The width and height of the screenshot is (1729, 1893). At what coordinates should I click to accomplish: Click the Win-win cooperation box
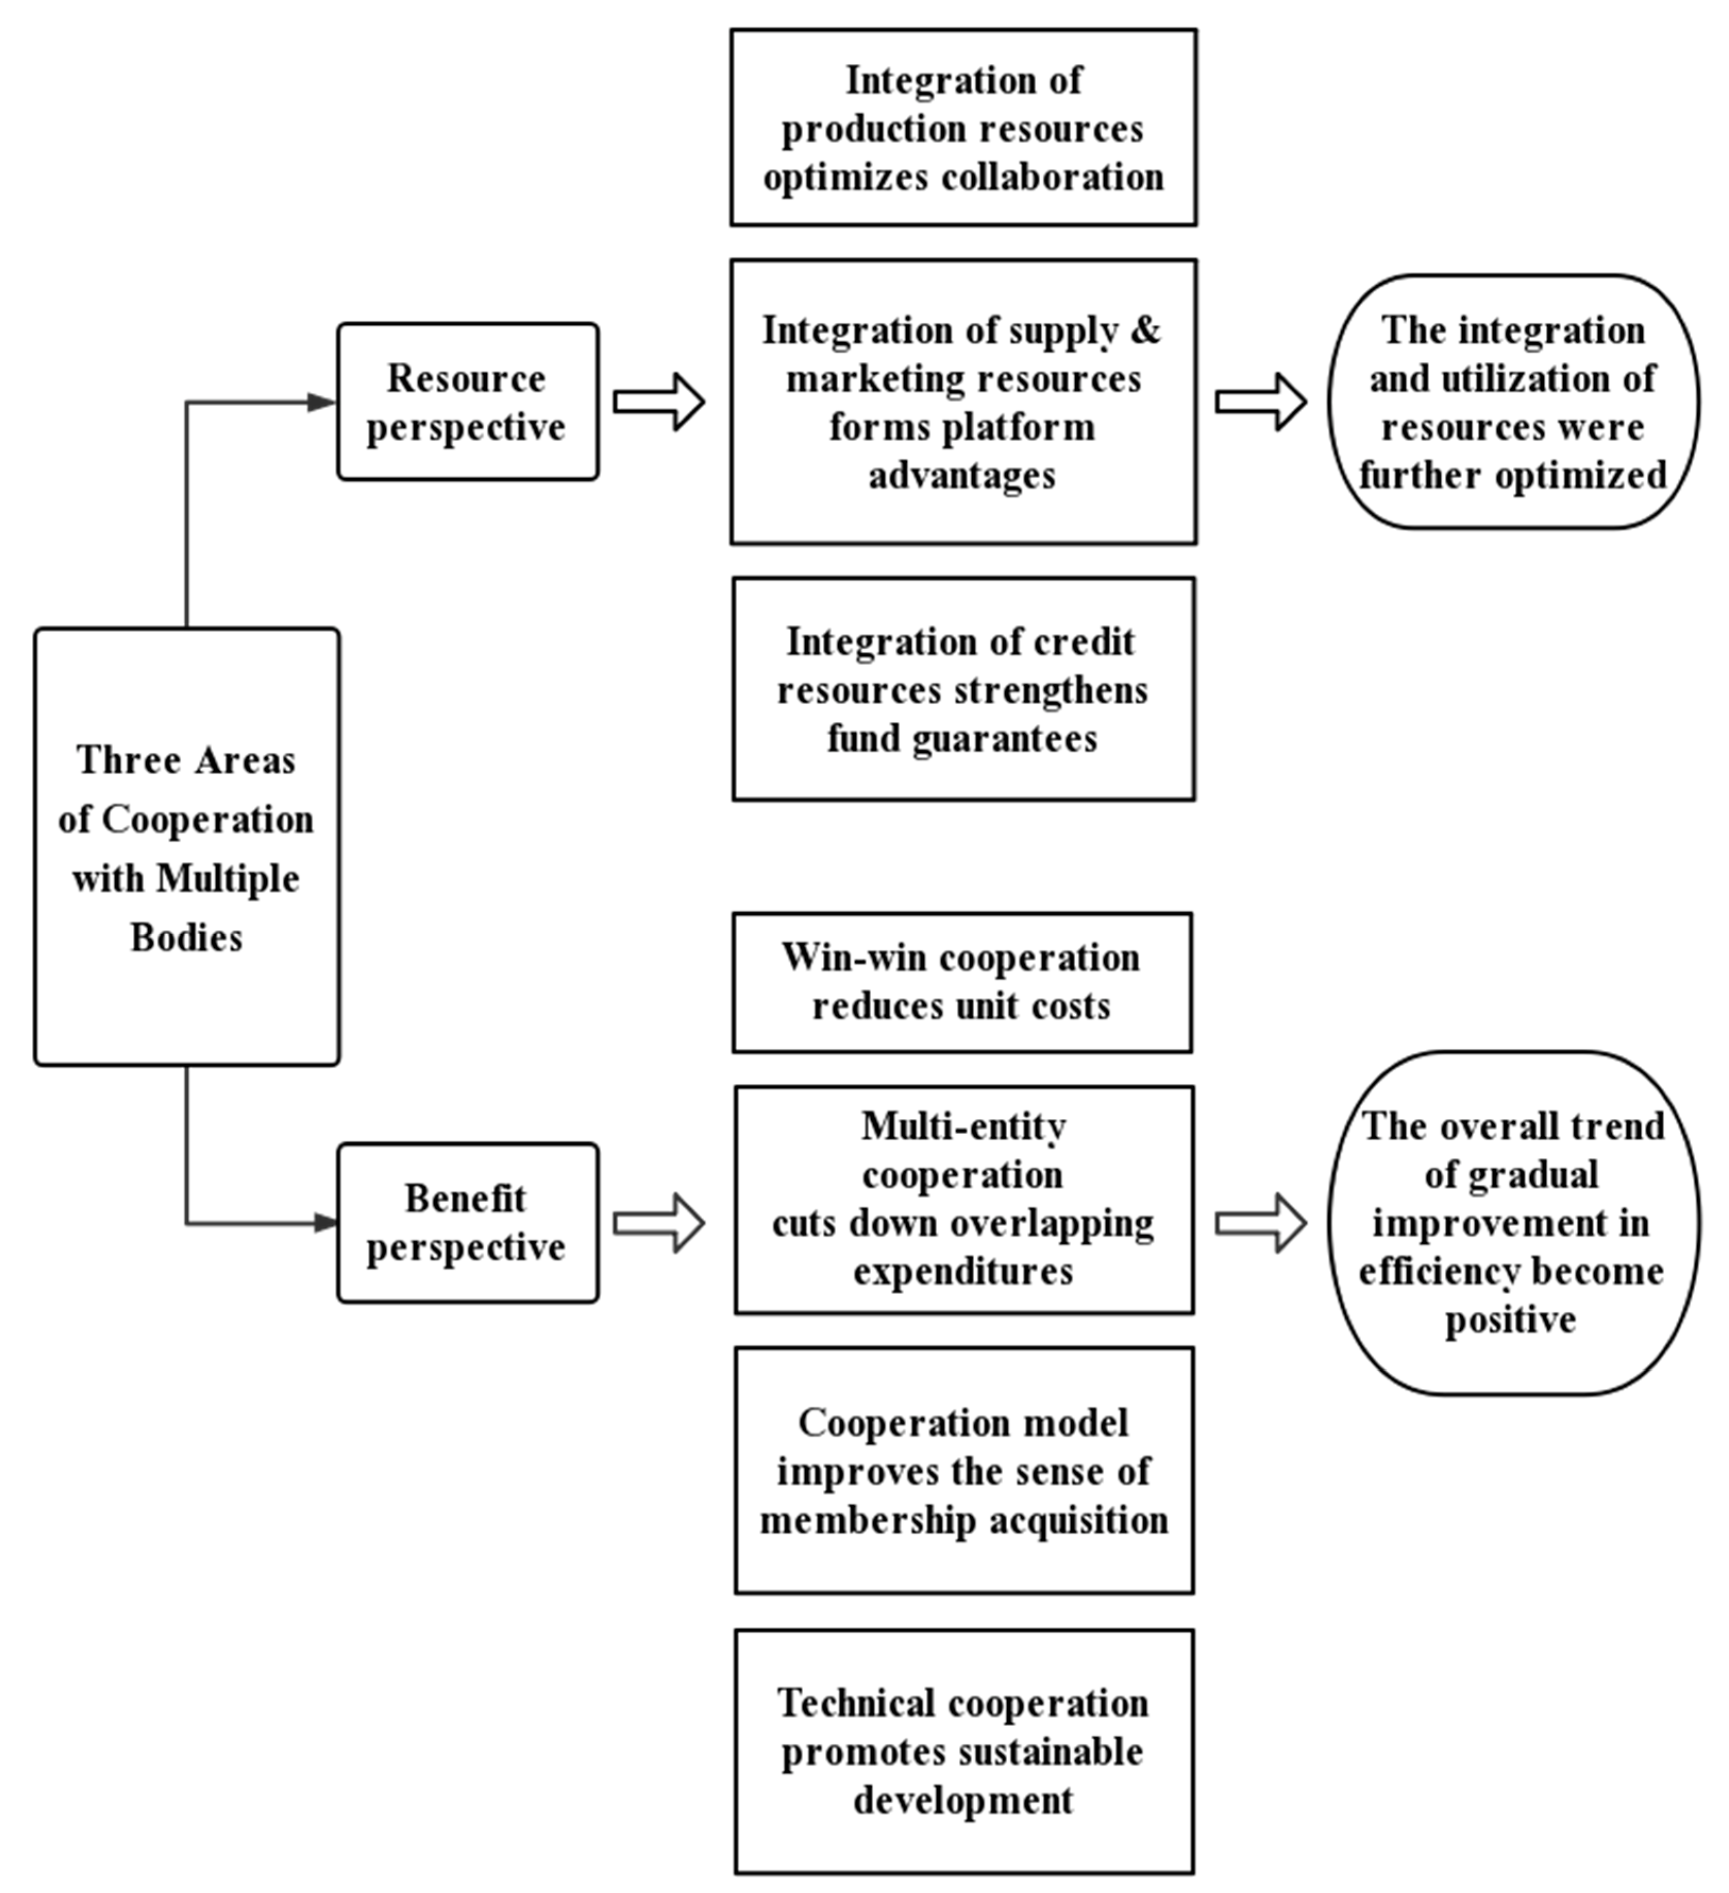(x=962, y=982)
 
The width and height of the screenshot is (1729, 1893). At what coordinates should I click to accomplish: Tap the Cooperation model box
(x=964, y=1471)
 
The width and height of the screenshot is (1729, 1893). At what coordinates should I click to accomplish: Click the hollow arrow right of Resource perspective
(x=659, y=402)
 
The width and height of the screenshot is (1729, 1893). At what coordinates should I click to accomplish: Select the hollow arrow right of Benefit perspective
(x=659, y=1223)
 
